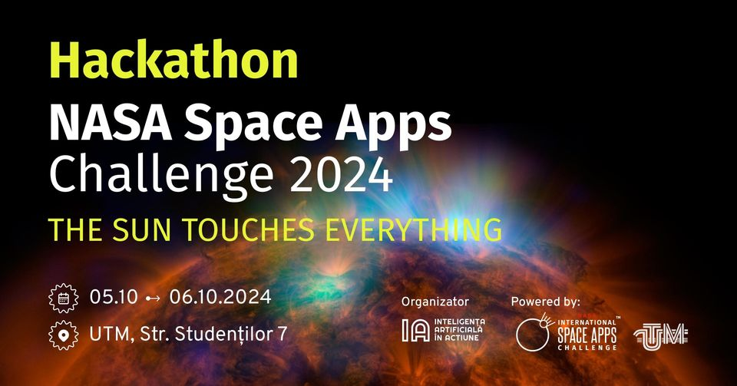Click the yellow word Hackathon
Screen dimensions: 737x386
click(x=174, y=60)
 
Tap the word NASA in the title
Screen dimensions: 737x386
click(x=111, y=124)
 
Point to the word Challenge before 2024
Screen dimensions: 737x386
click(x=161, y=173)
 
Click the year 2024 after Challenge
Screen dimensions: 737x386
click(x=342, y=174)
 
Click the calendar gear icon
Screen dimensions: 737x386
click(x=64, y=299)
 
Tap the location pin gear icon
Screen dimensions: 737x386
click(x=64, y=335)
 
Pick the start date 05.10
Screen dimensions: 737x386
click(x=114, y=297)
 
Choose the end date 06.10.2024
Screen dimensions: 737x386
click(x=220, y=297)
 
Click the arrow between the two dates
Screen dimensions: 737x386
click(x=154, y=299)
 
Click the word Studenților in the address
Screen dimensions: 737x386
click(x=221, y=335)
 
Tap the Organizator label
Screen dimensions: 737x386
click(x=435, y=302)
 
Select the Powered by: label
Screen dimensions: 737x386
click(x=546, y=302)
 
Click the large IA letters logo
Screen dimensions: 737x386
click(x=416, y=330)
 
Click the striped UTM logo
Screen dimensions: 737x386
click(x=661, y=336)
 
